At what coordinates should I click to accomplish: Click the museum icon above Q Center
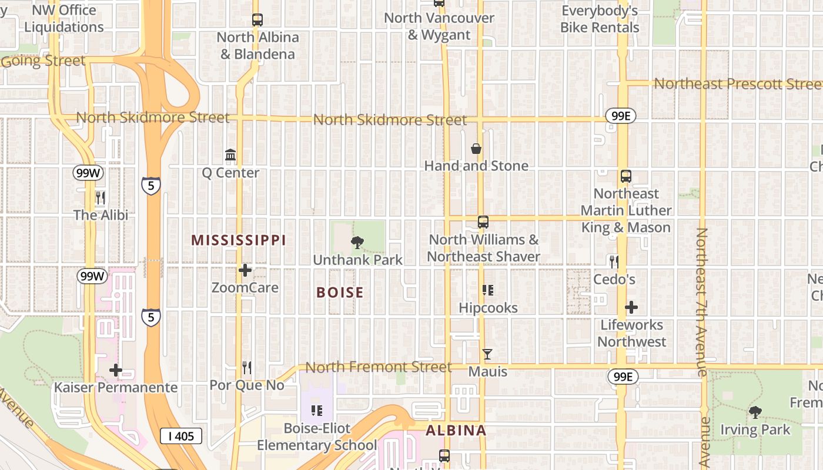tap(230, 155)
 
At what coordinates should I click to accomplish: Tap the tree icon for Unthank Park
tap(357, 242)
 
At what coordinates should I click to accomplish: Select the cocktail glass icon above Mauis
tap(487, 354)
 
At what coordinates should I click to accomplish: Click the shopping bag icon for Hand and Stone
tap(476, 149)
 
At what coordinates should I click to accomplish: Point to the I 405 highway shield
tap(181, 436)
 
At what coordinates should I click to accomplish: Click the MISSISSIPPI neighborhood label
tap(239, 240)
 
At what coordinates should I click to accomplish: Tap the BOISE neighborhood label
tap(340, 293)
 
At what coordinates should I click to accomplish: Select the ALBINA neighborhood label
tap(456, 431)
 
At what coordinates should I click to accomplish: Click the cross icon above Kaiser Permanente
tap(116, 370)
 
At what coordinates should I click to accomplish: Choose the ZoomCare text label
tap(245, 288)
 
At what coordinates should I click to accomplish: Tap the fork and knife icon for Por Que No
tap(247, 368)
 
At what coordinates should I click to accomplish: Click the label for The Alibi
tap(101, 215)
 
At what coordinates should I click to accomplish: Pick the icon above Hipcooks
tap(487, 290)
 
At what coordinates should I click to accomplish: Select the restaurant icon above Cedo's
tap(614, 262)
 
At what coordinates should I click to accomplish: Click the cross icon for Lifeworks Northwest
tap(631, 307)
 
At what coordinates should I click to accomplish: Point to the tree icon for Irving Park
tap(755, 412)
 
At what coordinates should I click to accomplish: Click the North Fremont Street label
tap(379, 368)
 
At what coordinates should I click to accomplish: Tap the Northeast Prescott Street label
tap(738, 84)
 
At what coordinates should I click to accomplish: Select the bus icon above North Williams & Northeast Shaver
tap(483, 222)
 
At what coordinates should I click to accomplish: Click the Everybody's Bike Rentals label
tap(600, 19)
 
